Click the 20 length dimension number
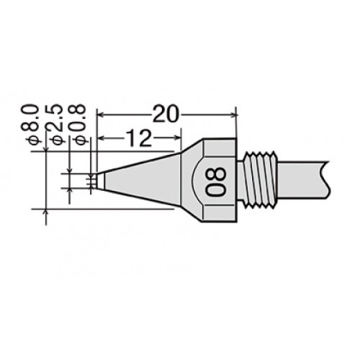pyautogui.click(x=166, y=114)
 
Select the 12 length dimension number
pyautogui.click(x=139, y=138)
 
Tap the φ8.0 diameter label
pyautogui.click(x=30, y=124)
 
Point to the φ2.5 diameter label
pyautogui.click(x=55, y=124)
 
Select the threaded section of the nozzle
pyautogui.click(x=260, y=180)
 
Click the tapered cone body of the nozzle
pyautogui.click(x=142, y=181)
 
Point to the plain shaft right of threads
pyautogui.click(x=302, y=180)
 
